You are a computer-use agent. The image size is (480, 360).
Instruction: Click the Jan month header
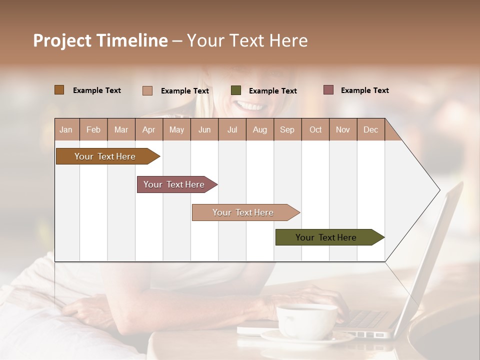tap(66, 129)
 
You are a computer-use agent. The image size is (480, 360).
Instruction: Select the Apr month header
tap(148, 129)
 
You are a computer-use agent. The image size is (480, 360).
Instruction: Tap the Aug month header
tap(259, 129)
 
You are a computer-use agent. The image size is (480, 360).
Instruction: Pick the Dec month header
tap(370, 129)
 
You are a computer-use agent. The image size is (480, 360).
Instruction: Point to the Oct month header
tap(315, 129)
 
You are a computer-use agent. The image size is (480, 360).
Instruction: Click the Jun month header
tap(204, 129)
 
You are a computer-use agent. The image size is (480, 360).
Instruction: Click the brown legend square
tap(59, 90)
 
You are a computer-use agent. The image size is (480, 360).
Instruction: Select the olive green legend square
tap(236, 90)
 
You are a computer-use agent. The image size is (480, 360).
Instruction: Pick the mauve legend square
tap(328, 90)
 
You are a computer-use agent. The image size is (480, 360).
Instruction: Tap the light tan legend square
tap(147, 90)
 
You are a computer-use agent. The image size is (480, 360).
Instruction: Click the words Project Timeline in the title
tap(100, 40)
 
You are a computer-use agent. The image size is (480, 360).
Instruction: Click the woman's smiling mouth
tap(250, 105)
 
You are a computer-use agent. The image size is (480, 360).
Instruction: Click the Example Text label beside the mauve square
tap(364, 90)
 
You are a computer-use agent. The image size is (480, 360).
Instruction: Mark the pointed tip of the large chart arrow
tap(439, 190)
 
